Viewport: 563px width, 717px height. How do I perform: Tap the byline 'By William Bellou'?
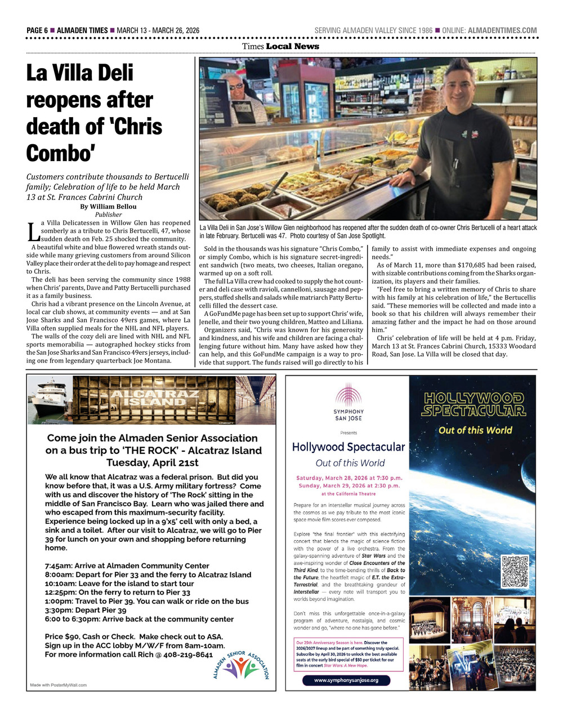point(108,207)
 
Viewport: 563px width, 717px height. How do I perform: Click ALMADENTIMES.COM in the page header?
point(502,30)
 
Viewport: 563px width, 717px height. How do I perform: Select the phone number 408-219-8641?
point(188,654)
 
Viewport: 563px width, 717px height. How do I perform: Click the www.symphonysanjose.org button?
point(346,680)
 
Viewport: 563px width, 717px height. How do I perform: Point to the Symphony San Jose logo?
point(348,402)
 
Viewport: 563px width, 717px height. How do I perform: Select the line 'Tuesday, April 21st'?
point(153,463)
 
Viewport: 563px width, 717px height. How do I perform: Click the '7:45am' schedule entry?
point(59,566)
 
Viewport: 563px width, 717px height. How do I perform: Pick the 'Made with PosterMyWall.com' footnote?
point(59,685)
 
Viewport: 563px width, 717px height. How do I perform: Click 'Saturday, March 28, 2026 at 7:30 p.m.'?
point(349,478)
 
